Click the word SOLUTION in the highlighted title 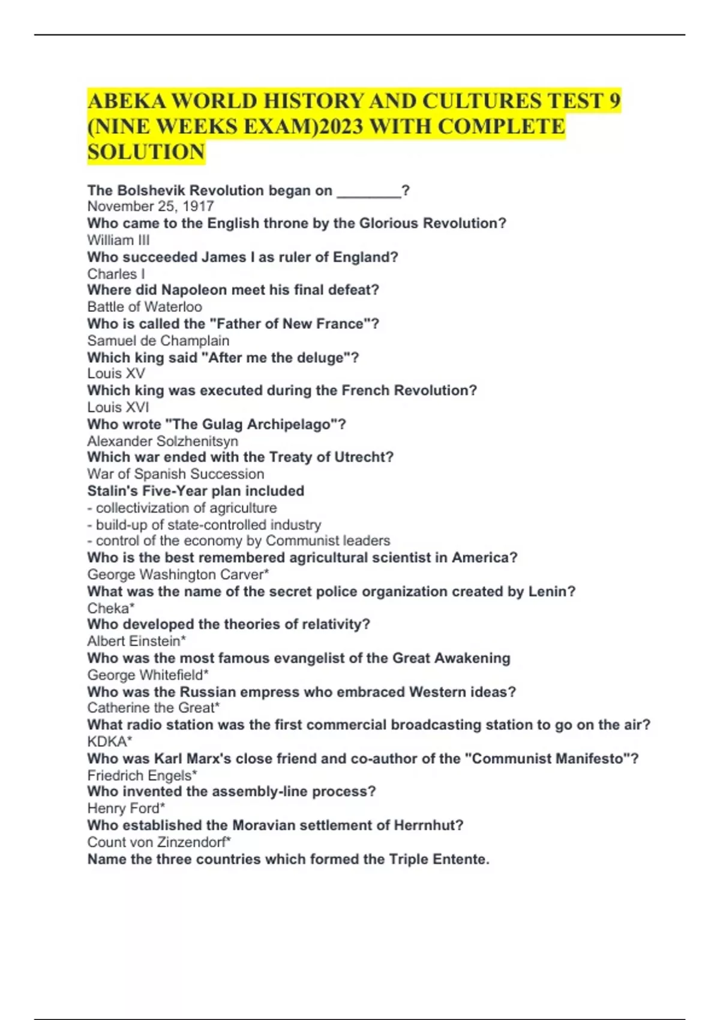click(146, 152)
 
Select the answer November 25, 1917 click(151, 206)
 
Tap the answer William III click(118, 240)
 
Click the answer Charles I click(116, 274)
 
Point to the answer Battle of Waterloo click(145, 307)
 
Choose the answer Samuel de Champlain click(158, 340)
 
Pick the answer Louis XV click(116, 373)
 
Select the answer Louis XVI click(118, 407)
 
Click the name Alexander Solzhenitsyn click(163, 441)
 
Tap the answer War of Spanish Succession click(175, 473)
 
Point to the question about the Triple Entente click(288, 859)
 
